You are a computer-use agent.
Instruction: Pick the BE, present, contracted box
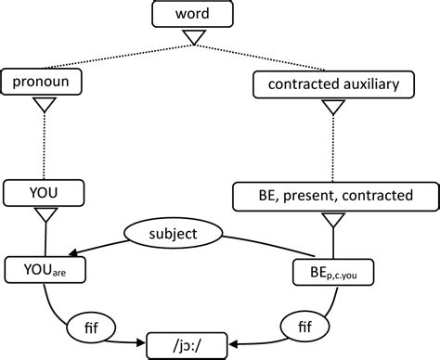[335, 196]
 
